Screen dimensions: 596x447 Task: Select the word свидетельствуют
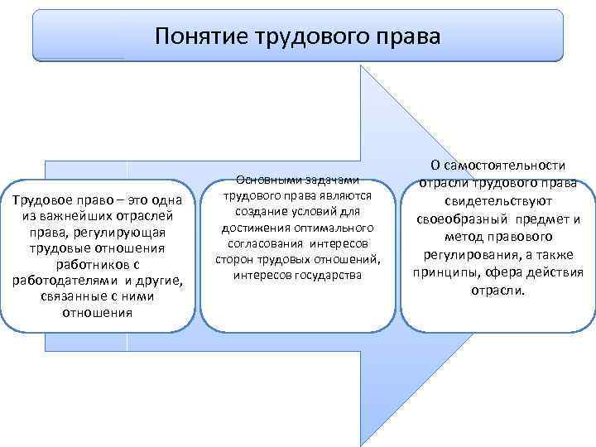[x=497, y=201]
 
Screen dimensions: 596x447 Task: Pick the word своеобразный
[x=459, y=219]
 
